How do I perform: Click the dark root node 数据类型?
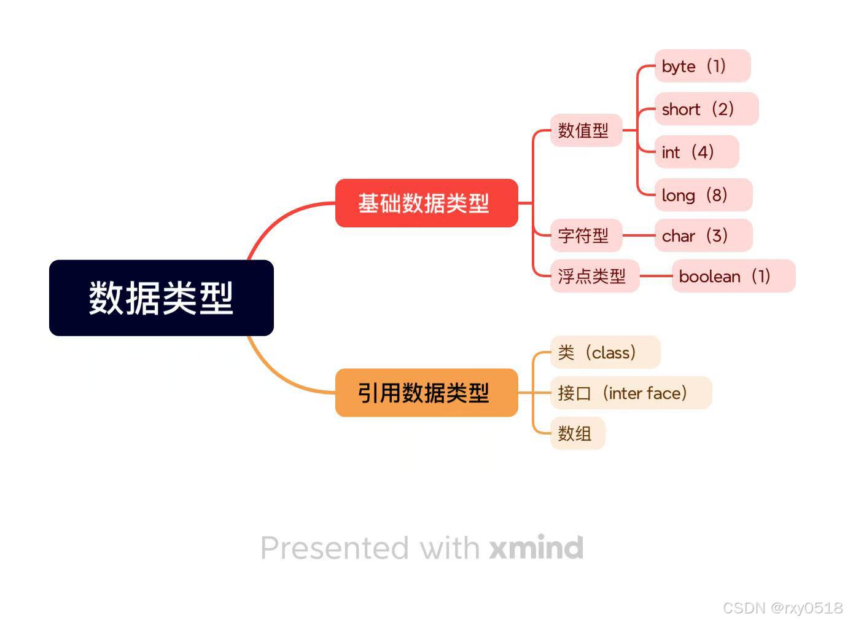162,298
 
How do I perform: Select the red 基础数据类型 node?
427,203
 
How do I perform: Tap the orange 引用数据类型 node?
427,393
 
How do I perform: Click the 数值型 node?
586,130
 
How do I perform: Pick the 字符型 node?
586,235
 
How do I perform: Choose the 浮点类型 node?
595,276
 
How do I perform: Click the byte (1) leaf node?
703,66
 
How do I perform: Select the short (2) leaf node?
707,109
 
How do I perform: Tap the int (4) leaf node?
697,152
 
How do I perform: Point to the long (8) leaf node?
704,195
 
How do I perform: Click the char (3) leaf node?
704,235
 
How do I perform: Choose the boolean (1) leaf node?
734,276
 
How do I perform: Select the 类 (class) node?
606,352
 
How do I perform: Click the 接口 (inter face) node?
631,393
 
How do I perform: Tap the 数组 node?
578,433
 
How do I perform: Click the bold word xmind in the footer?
537,547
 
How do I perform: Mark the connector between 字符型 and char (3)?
639,235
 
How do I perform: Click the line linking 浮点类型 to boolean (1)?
656,276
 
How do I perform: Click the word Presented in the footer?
335,548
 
